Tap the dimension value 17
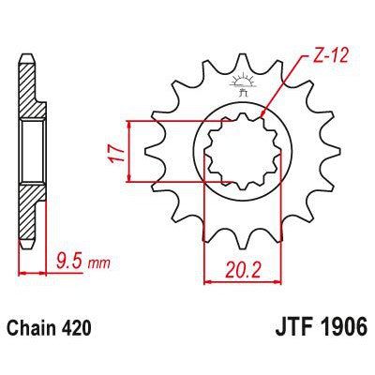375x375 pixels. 113,151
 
